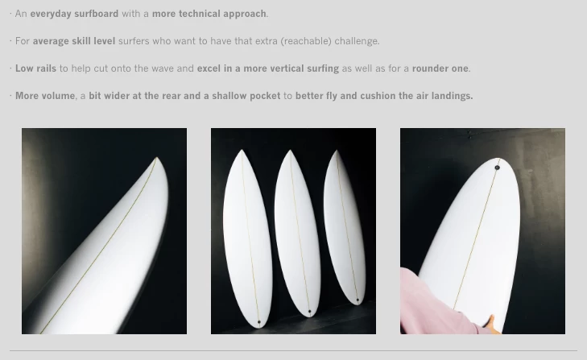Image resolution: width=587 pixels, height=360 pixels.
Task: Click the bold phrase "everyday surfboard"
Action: [74, 14]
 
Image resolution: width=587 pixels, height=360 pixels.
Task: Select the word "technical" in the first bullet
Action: [200, 14]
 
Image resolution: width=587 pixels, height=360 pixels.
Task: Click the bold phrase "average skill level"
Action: [74, 41]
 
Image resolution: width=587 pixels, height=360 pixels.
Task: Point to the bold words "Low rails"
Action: [35, 68]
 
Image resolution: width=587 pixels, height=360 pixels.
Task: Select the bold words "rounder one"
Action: [440, 68]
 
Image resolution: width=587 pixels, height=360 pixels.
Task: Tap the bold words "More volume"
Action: [45, 96]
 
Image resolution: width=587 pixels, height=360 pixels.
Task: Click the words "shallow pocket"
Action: [246, 96]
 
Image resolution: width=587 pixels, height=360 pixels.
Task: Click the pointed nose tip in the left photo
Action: [157, 158]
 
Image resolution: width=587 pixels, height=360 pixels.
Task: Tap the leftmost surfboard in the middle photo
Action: [247, 238]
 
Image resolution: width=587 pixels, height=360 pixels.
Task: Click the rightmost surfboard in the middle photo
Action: [345, 227]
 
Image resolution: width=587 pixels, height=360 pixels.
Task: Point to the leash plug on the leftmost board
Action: [259, 322]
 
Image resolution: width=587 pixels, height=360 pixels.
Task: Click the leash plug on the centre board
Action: [309, 312]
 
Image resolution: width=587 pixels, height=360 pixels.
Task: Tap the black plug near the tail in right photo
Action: [497, 168]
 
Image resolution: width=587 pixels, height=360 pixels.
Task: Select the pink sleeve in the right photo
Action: [434, 304]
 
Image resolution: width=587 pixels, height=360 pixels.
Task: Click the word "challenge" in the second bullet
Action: [356, 41]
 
